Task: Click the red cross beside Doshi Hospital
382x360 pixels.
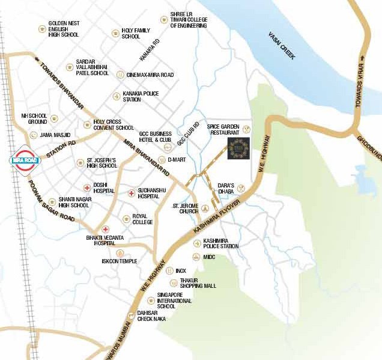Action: pos(88,187)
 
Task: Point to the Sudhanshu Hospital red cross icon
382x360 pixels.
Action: pos(132,193)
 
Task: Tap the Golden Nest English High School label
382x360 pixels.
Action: pos(64,29)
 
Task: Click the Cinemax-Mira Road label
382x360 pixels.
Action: pos(150,75)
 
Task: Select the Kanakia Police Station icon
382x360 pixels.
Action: pos(116,96)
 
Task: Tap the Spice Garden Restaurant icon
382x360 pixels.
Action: pos(245,130)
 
